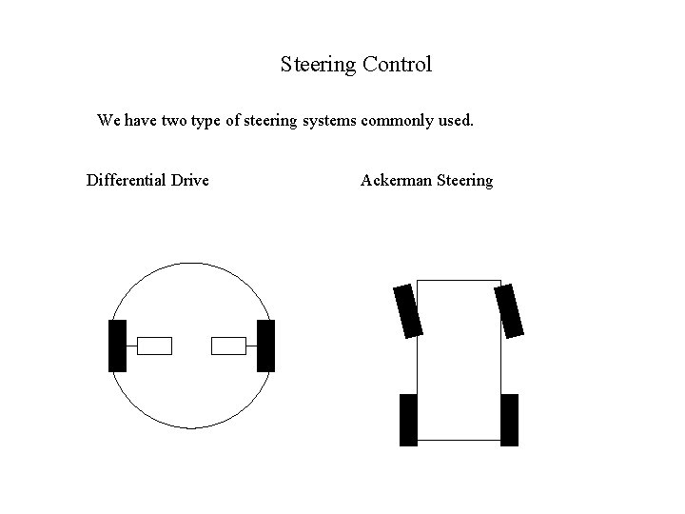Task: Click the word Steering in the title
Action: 318,66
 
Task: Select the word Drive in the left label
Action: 190,180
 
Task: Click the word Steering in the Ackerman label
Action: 464,181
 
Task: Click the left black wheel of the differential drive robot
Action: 117,346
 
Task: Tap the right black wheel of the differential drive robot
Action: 265,346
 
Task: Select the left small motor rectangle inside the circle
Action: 154,346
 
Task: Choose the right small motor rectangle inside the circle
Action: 228,346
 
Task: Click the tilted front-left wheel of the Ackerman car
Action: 407,310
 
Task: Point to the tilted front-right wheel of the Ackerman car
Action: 509,310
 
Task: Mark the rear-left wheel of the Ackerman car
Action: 408,419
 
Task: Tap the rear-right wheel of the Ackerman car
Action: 509,419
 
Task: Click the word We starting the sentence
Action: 109,122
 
